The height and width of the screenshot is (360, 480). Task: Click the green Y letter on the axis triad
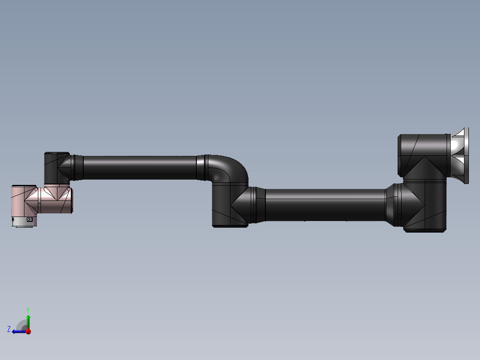(x=28, y=309)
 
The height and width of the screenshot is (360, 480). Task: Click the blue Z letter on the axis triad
(x=9, y=329)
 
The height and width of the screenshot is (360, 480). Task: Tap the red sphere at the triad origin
(x=28, y=331)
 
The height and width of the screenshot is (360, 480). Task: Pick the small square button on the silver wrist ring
(x=30, y=220)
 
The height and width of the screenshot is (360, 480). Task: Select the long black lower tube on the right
(x=325, y=205)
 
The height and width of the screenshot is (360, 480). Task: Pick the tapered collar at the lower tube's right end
(x=392, y=205)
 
